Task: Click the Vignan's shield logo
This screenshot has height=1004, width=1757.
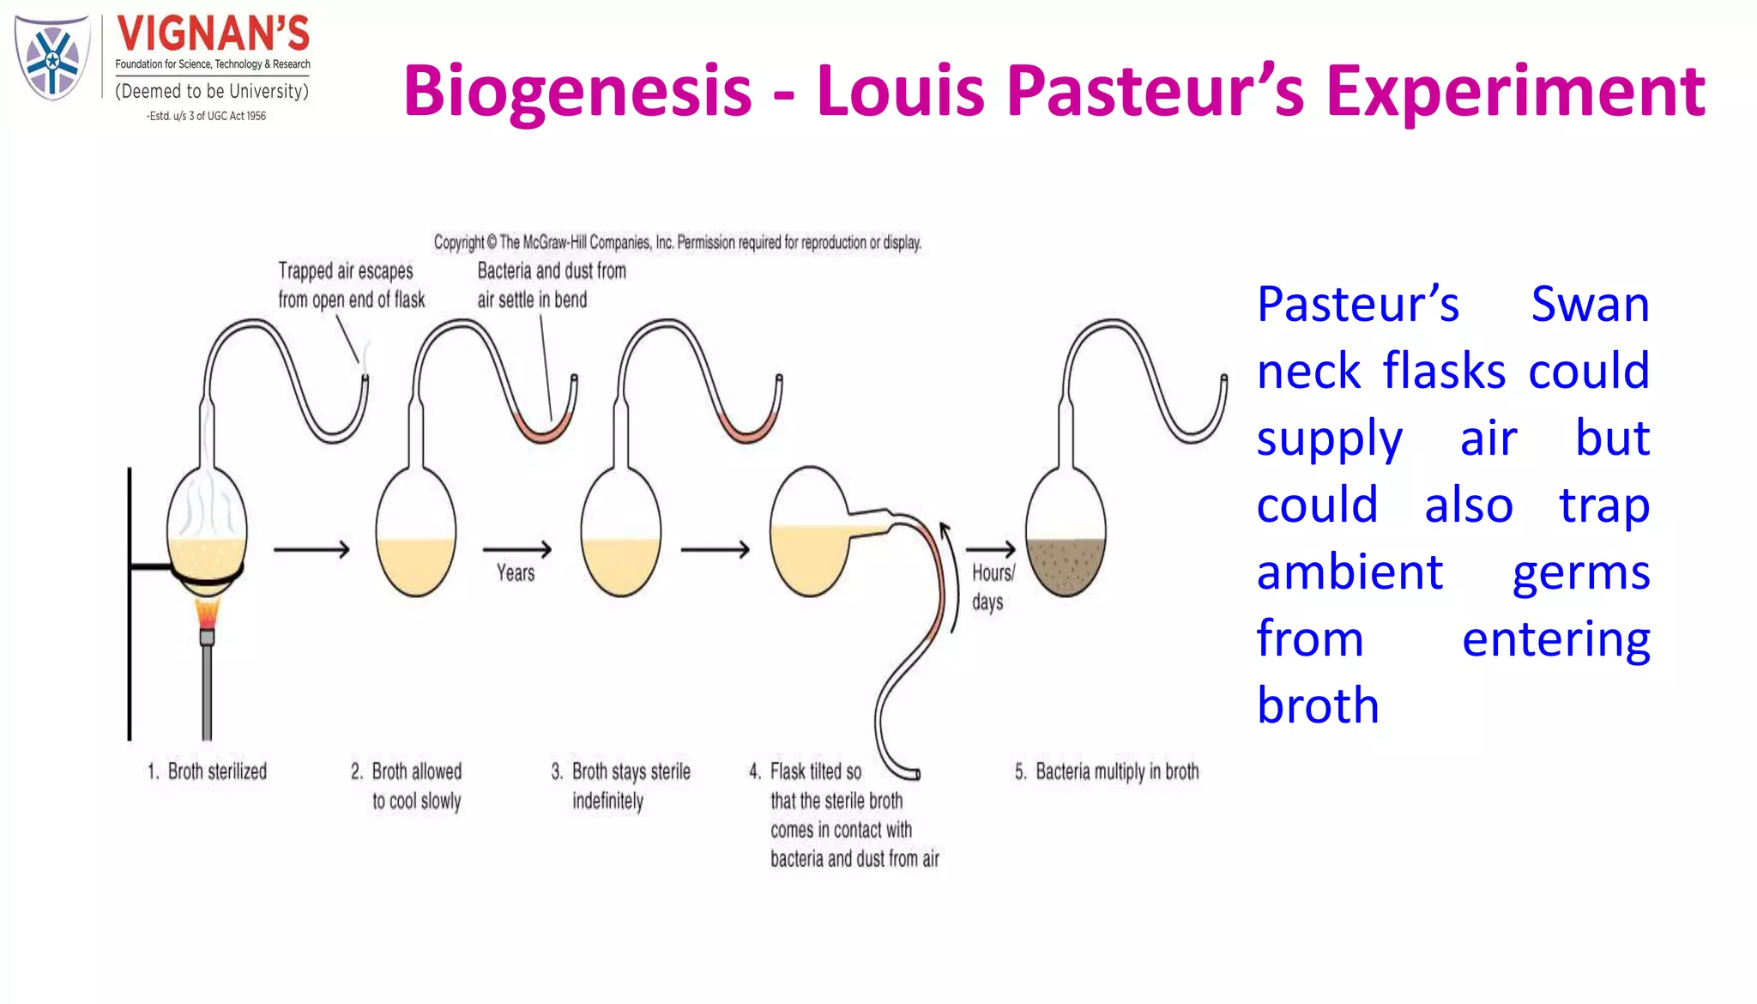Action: pyautogui.click(x=52, y=58)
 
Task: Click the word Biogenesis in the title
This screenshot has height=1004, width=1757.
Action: pyautogui.click(x=577, y=91)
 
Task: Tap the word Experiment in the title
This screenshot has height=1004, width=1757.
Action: pyautogui.click(x=1515, y=91)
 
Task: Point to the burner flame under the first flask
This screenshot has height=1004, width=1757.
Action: pyautogui.click(x=207, y=613)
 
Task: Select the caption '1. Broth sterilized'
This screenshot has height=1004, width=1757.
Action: pyautogui.click(x=208, y=771)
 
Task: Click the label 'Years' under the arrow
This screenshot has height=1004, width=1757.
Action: pyautogui.click(x=516, y=573)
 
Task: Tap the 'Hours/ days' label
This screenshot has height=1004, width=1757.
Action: pyautogui.click(x=992, y=587)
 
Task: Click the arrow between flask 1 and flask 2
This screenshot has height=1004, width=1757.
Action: pyautogui.click(x=311, y=549)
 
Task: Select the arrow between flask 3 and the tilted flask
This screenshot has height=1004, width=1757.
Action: pyautogui.click(x=715, y=549)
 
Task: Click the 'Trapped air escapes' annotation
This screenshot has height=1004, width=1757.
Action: pyautogui.click(x=351, y=285)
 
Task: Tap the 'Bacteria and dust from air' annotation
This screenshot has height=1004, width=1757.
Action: pyautogui.click(x=551, y=285)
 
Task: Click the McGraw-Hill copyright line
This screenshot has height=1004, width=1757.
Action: pyautogui.click(x=677, y=243)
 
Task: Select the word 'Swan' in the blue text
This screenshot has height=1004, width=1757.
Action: pyautogui.click(x=1590, y=305)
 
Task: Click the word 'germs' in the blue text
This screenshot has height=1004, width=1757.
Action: pyautogui.click(x=1580, y=572)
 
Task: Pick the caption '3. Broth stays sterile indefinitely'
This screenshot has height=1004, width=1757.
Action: pyautogui.click(x=621, y=785)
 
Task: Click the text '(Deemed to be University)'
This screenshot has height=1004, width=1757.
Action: pyautogui.click(x=212, y=92)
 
